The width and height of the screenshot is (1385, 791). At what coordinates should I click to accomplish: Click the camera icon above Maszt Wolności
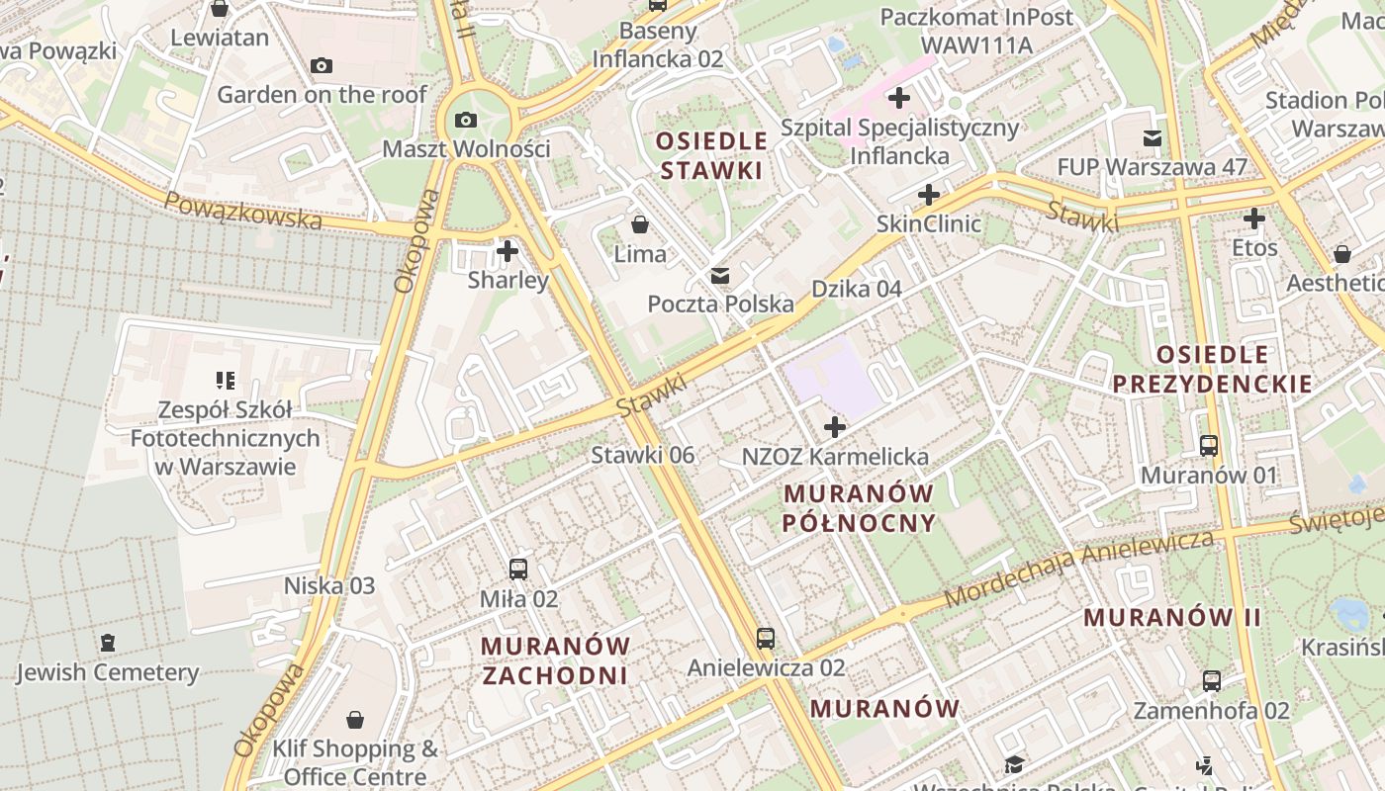click(x=465, y=121)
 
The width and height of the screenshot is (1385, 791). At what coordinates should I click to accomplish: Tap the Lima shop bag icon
click(x=640, y=224)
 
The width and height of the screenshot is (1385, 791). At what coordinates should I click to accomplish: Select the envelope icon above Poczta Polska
click(x=720, y=276)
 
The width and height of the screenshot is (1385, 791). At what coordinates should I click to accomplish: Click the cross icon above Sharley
click(x=508, y=251)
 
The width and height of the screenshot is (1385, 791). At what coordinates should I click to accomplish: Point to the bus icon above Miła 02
click(x=518, y=570)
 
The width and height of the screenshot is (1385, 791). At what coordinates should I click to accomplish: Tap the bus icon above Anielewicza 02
click(x=766, y=639)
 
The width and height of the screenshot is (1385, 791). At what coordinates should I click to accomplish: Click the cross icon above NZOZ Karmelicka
click(x=835, y=427)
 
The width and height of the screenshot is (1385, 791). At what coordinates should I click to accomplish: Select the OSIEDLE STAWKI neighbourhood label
click(x=712, y=155)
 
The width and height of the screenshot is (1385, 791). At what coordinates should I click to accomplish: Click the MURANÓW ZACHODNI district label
click(x=555, y=660)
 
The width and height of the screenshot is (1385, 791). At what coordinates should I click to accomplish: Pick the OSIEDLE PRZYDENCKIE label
click(x=1212, y=369)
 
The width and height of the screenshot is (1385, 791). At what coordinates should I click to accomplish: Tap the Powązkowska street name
click(x=242, y=211)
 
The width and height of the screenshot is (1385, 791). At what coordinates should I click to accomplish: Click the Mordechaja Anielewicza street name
click(x=1078, y=570)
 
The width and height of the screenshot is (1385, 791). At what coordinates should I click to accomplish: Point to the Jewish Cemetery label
click(x=107, y=673)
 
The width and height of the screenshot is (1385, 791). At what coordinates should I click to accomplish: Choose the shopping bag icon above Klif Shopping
click(x=355, y=720)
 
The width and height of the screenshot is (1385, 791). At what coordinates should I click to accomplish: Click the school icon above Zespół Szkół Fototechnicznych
click(x=225, y=381)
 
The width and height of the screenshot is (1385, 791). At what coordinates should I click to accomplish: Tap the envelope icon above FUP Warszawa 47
click(x=1153, y=138)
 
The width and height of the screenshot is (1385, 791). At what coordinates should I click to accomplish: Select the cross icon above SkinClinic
click(x=928, y=195)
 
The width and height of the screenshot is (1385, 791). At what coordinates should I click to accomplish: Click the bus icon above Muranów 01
click(x=1209, y=446)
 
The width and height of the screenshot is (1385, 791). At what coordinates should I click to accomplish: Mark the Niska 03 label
click(x=329, y=585)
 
